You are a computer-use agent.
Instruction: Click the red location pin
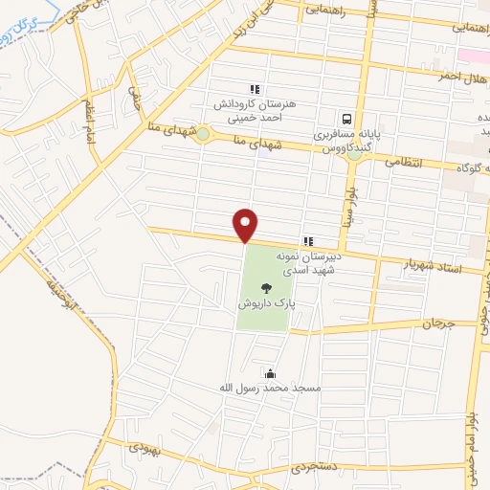coord(247,225)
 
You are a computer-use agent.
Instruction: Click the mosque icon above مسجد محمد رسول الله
coord(271,373)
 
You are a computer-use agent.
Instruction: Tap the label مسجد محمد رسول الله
coord(271,389)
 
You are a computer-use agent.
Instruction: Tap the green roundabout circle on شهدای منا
coord(202,135)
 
